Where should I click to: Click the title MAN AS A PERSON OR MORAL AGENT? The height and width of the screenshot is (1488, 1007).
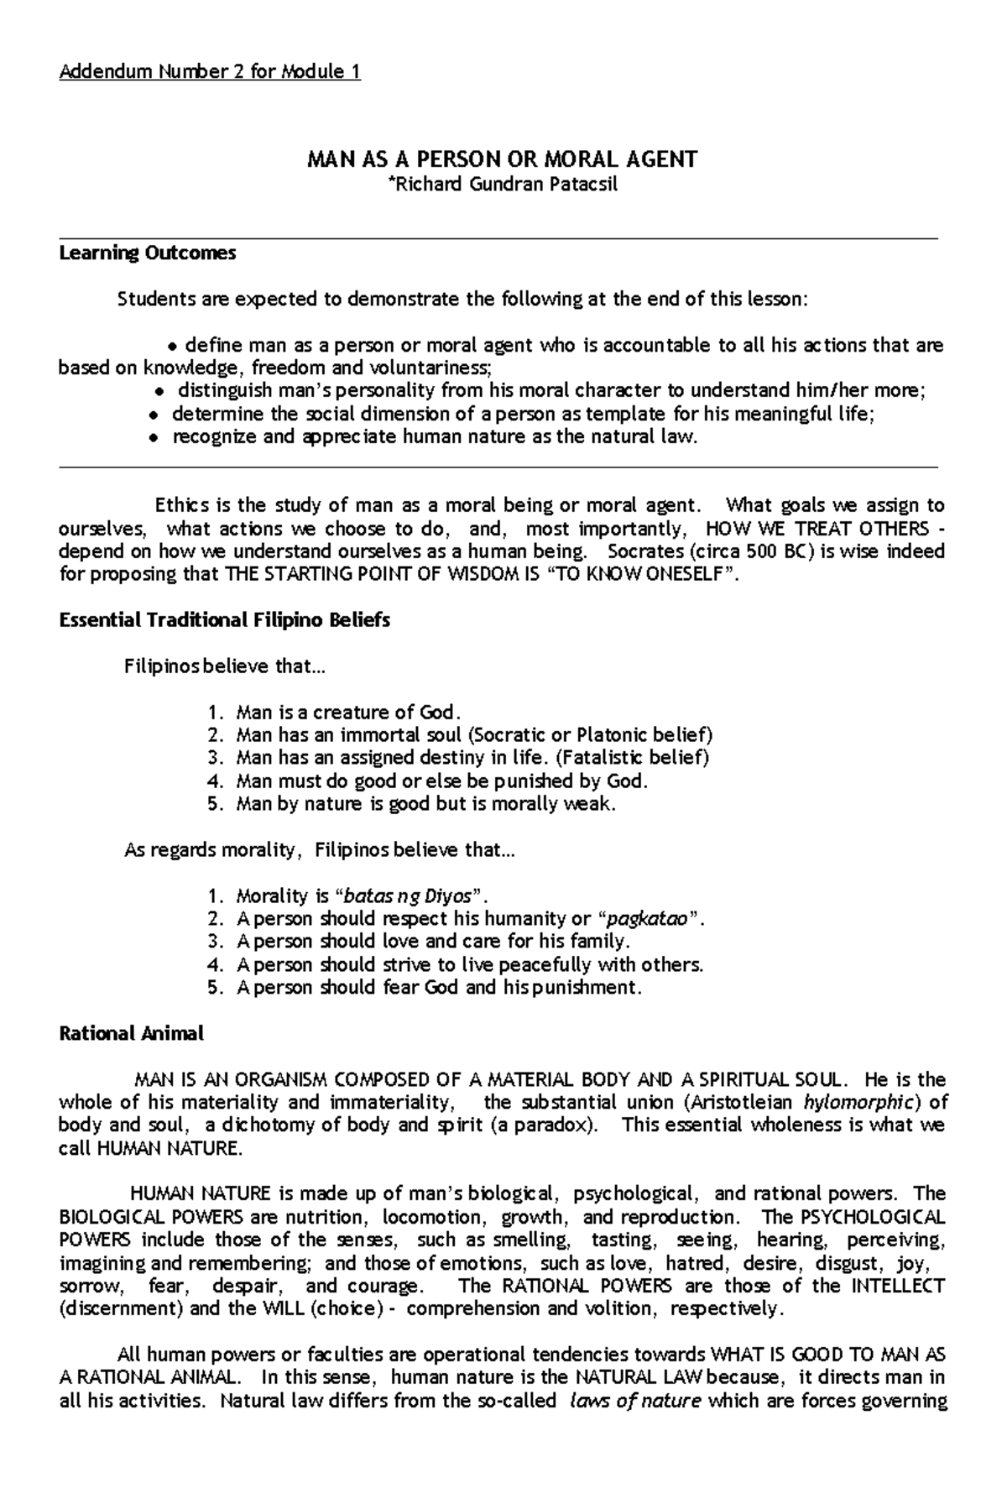tap(502, 159)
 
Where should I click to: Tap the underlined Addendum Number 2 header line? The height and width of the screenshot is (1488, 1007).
tap(210, 72)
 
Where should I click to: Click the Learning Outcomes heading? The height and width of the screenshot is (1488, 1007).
tap(148, 253)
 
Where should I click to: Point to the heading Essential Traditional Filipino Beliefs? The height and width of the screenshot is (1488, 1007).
tap(224, 620)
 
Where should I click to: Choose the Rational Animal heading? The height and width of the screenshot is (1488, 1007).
tap(131, 1033)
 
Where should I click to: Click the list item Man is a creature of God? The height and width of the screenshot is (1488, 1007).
tap(348, 713)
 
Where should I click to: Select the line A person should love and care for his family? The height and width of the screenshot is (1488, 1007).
tap(433, 941)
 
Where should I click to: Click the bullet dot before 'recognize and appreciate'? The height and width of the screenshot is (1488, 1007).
tap(154, 438)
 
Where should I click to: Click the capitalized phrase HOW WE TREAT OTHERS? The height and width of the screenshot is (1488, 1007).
tap(817, 529)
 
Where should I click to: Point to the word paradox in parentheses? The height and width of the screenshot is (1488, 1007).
tap(563, 1125)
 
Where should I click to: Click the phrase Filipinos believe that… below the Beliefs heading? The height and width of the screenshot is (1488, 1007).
tap(223, 667)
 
